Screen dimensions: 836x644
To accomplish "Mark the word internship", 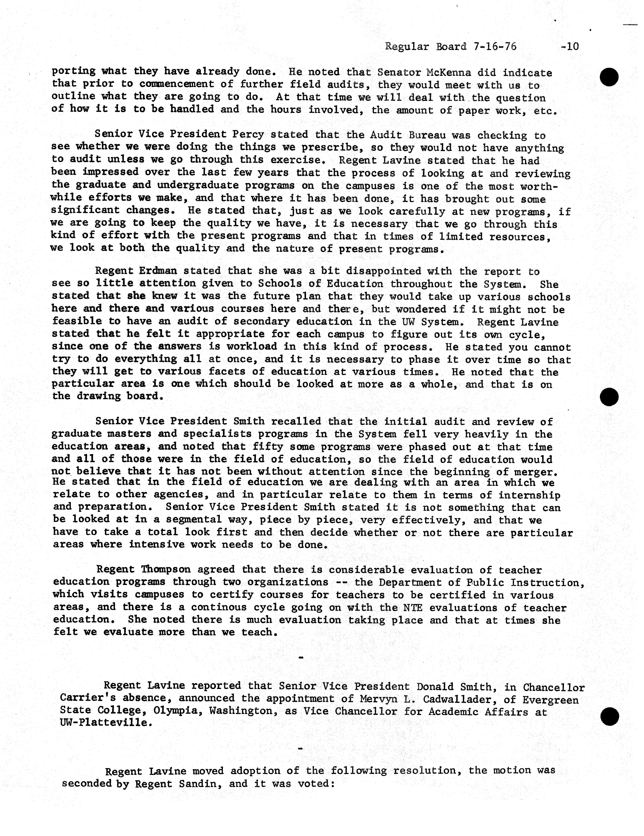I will pyautogui.click(x=529, y=495).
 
